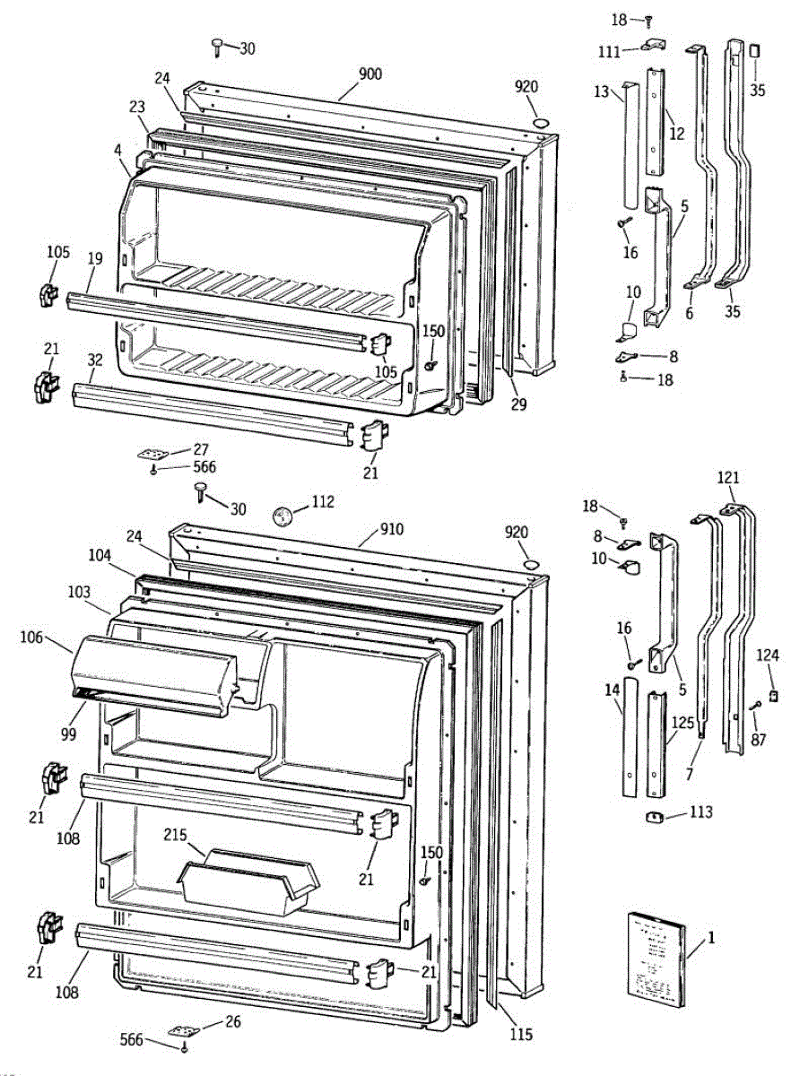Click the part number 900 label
click(x=370, y=74)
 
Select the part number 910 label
click(x=392, y=529)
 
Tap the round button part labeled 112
click(x=282, y=516)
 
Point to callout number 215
click(x=175, y=835)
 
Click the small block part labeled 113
click(x=656, y=816)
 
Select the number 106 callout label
click(x=31, y=638)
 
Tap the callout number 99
click(x=68, y=734)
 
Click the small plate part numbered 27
click(x=152, y=454)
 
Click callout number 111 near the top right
click(x=609, y=51)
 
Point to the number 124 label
click(x=768, y=655)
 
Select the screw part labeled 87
click(x=755, y=706)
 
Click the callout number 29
click(x=518, y=404)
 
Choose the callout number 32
click(x=95, y=360)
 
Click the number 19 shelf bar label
click(x=95, y=258)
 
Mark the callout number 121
click(x=728, y=477)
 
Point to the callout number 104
click(x=100, y=556)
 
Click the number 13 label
click(x=602, y=91)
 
